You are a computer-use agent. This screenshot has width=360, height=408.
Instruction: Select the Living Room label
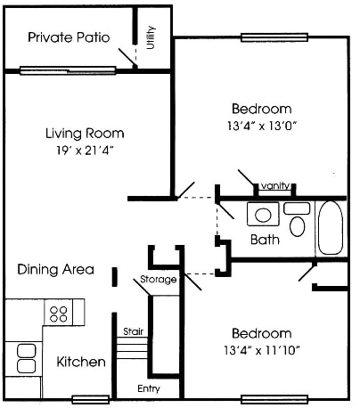(x=85, y=134)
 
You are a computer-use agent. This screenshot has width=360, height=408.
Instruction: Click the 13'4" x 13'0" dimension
(x=262, y=126)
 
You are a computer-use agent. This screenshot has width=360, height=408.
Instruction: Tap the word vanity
(x=274, y=186)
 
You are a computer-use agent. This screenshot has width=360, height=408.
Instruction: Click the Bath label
(x=265, y=240)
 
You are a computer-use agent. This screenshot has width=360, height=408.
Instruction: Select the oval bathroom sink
(x=263, y=215)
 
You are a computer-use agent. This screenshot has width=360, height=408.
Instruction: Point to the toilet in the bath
(x=298, y=220)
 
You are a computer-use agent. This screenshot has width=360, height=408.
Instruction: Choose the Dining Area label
(x=55, y=269)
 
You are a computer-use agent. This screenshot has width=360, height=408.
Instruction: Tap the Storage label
(x=158, y=280)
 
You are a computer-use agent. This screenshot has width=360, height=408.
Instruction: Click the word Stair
(x=132, y=330)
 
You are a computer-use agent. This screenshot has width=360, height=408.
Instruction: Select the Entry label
(x=148, y=388)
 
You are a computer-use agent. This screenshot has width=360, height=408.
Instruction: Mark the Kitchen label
(x=81, y=363)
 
